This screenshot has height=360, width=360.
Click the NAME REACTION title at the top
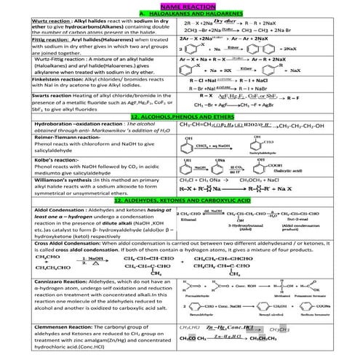(180, 6)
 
